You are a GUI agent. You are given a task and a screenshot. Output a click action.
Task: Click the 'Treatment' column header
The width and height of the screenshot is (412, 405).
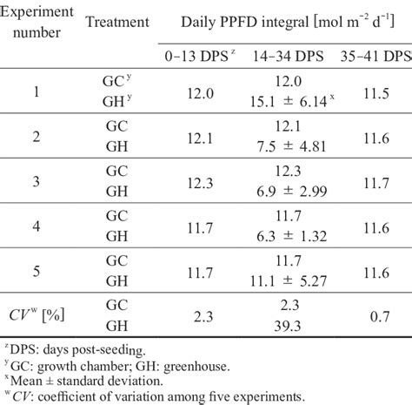click(x=117, y=23)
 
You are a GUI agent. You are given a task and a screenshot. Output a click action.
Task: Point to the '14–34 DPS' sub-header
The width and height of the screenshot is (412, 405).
click(x=287, y=54)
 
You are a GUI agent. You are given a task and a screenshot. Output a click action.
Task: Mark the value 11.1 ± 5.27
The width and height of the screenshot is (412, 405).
click(x=287, y=280)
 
